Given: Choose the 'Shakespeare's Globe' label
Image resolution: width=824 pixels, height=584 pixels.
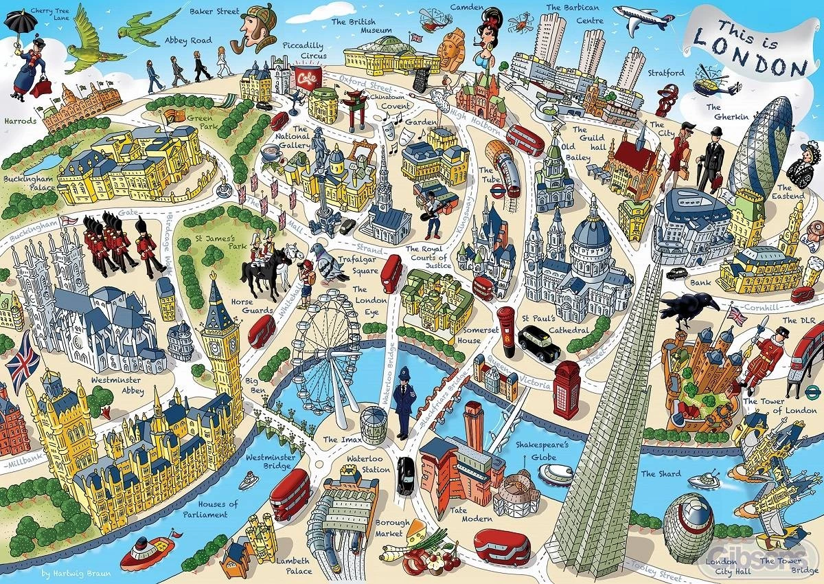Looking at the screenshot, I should [x=543, y=450].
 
